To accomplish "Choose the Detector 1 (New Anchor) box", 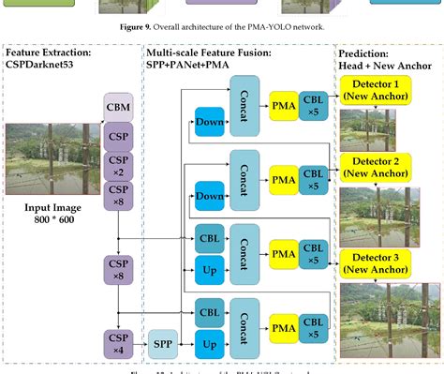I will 369,91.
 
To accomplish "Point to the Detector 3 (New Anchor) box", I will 369,262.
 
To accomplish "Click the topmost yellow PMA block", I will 284,102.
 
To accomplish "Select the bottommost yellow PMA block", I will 284,327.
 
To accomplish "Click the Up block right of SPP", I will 210,346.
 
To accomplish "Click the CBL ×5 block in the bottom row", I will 314,327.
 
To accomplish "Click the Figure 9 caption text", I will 221,27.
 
